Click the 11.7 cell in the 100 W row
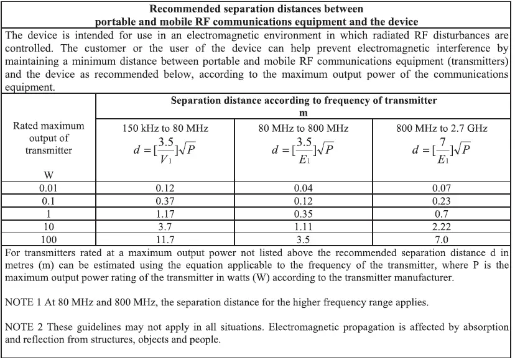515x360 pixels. [x=165, y=239]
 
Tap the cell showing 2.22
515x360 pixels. [x=442, y=226]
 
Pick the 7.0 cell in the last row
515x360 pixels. [x=442, y=239]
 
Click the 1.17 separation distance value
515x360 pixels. [x=165, y=213]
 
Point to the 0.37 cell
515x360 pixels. [x=165, y=200]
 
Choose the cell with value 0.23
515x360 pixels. [x=442, y=200]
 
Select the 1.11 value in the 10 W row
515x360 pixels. [x=304, y=226]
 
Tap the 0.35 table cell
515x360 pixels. [x=304, y=213]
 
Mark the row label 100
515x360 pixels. [x=49, y=239]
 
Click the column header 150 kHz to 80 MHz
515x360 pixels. [x=165, y=129]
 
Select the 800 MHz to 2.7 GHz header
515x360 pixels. [x=442, y=129]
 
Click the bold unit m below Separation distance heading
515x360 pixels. [x=304, y=112]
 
